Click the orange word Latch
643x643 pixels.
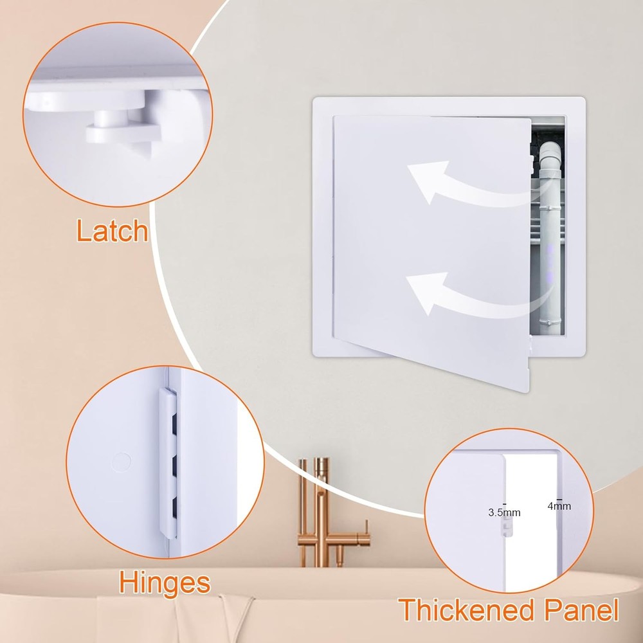113,230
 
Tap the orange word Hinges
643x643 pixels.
165,583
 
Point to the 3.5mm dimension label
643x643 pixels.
504,512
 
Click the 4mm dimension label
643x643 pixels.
559,505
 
